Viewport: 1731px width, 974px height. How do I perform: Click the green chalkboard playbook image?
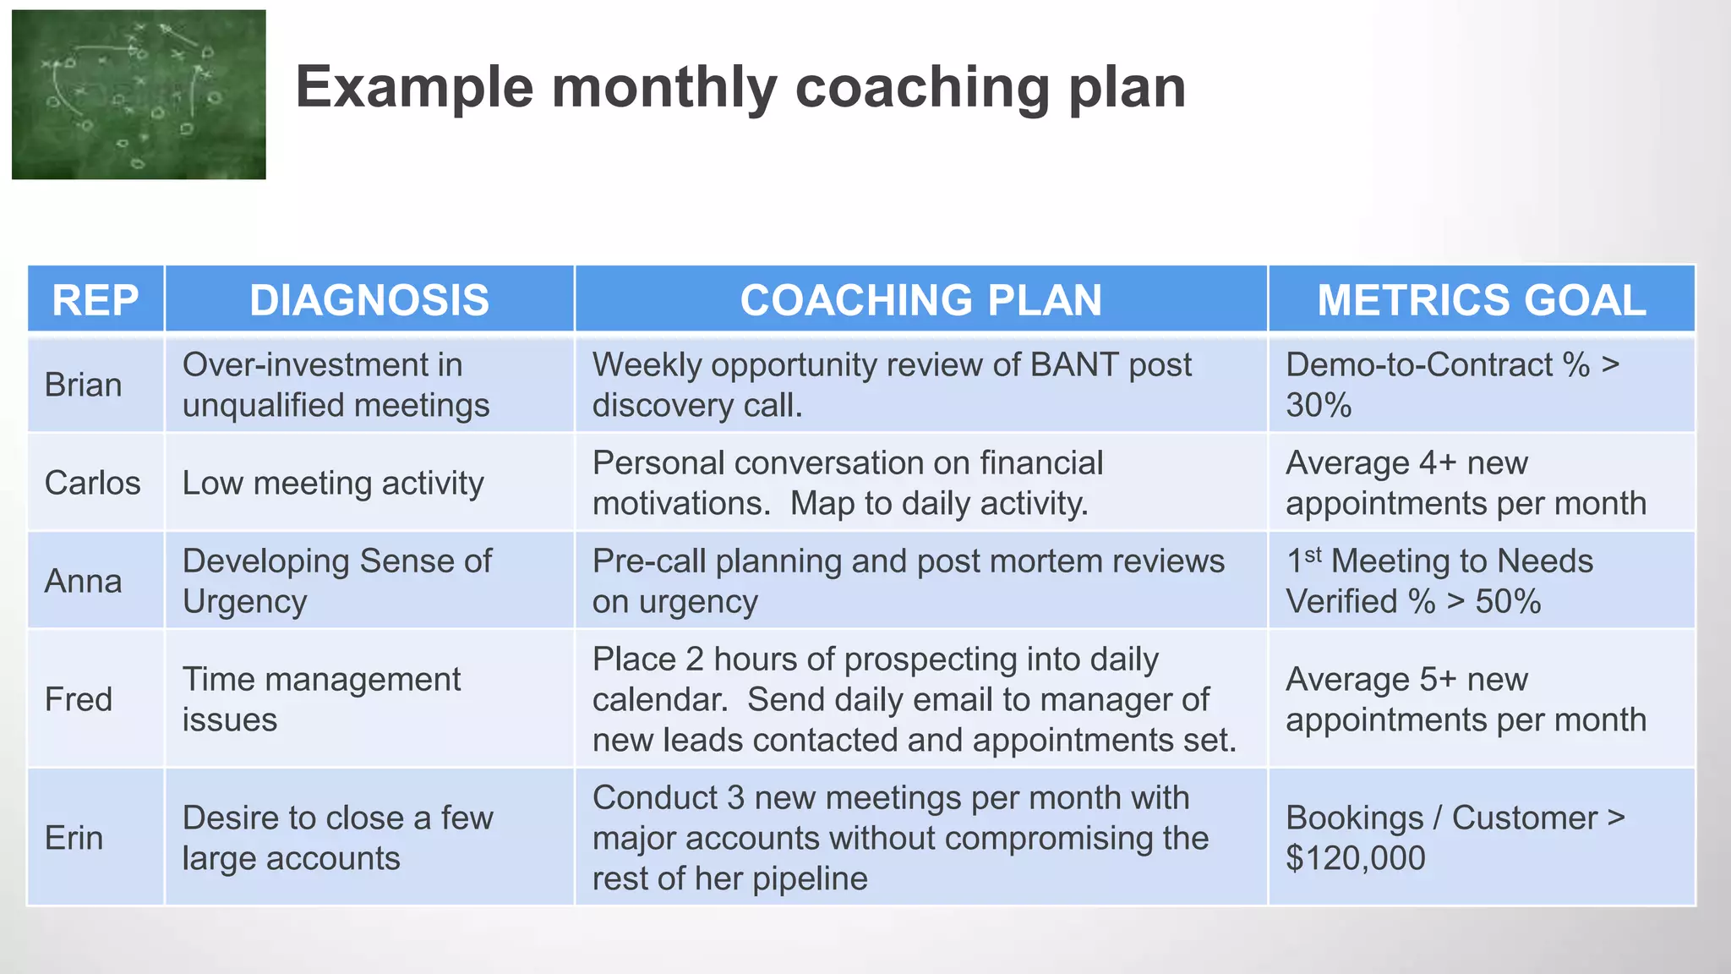[139, 94]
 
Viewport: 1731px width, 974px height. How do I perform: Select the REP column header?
[96, 300]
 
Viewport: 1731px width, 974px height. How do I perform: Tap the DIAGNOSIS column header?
[369, 300]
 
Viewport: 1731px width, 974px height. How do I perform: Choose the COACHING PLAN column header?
[920, 300]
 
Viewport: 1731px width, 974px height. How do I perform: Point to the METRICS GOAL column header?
[1481, 300]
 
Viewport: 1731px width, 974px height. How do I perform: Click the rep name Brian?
[83, 385]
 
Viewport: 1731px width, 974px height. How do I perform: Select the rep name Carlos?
[92, 483]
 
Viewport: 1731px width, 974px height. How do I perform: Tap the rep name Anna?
[83, 581]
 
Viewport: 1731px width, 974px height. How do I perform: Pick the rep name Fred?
[78, 699]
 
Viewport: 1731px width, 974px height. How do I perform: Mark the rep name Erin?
[74, 838]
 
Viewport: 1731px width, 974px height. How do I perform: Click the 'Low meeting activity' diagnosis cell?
[333, 483]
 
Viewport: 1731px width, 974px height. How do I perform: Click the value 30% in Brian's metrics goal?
[1319, 406]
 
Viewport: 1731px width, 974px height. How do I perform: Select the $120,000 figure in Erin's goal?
[1355, 858]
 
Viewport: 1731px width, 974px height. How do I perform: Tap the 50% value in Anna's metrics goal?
[1508, 602]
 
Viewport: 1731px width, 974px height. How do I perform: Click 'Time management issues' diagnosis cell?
[321, 699]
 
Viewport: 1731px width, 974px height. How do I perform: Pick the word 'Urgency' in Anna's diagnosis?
[244, 602]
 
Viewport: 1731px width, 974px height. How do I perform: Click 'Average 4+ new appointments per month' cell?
[1466, 483]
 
